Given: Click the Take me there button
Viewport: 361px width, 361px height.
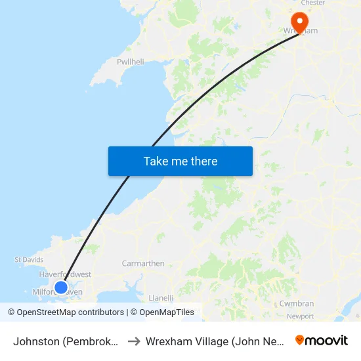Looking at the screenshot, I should [x=180, y=161].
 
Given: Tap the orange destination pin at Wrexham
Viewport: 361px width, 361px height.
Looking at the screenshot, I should [x=300, y=22].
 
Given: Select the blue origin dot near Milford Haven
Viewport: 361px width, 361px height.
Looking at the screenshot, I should [x=60, y=287].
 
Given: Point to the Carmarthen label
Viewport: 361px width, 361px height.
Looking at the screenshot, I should [x=143, y=263].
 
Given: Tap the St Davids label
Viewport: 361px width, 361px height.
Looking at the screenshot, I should [x=29, y=260].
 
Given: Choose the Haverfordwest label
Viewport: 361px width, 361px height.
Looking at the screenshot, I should [x=65, y=274].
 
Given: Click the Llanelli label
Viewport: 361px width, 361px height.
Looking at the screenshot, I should [x=161, y=297].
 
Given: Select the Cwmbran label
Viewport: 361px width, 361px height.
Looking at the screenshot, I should [x=297, y=304].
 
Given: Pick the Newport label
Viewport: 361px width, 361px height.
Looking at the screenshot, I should [x=301, y=316].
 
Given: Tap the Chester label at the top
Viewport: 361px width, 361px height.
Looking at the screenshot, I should [x=313, y=3].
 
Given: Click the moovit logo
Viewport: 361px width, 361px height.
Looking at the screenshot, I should [x=322, y=341].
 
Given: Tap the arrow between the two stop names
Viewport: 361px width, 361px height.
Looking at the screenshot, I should [x=133, y=341].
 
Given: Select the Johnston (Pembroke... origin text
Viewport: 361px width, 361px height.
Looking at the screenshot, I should [x=66, y=341].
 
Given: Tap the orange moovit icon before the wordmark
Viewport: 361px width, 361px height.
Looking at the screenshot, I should [x=300, y=341].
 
